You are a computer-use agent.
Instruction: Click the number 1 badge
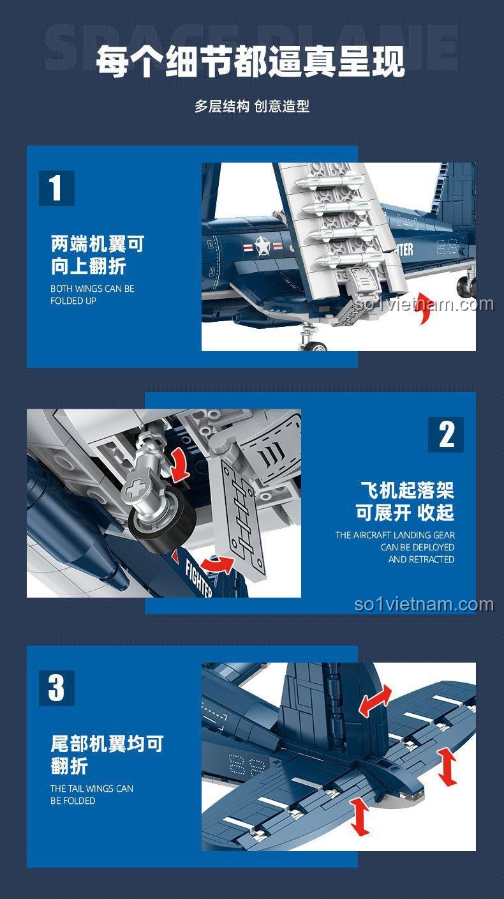(x=56, y=188)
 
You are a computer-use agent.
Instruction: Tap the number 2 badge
(x=446, y=435)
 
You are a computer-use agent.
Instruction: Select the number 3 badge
(x=56, y=688)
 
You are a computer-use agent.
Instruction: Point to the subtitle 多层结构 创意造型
(x=251, y=107)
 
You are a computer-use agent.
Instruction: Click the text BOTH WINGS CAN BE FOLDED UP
(x=92, y=294)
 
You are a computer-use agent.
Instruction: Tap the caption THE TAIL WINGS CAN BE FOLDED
(x=92, y=794)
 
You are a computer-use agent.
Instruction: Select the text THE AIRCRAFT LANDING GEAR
(x=395, y=535)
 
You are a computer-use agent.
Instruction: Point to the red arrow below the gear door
(x=218, y=564)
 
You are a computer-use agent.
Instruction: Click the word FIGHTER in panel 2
(x=198, y=577)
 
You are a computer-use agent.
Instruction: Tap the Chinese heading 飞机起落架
(x=407, y=490)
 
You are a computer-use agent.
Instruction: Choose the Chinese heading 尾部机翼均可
(x=107, y=743)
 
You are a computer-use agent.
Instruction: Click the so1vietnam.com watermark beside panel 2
(x=424, y=604)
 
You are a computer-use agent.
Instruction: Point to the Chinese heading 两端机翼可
(x=98, y=244)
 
